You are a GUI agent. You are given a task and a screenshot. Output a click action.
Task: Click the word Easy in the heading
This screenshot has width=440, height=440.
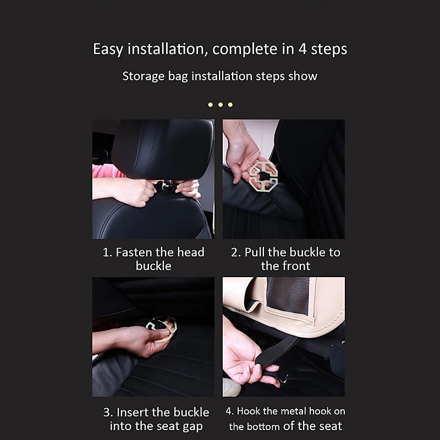tap(108, 49)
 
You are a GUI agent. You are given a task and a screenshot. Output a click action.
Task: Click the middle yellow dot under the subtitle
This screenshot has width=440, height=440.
tap(220, 105)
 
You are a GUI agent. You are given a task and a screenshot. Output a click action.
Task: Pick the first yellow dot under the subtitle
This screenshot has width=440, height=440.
tap(210, 105)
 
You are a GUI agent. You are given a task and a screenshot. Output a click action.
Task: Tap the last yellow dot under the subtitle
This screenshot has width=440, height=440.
tap(230, 105)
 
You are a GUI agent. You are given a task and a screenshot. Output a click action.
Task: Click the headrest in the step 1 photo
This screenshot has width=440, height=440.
tap(162, 146)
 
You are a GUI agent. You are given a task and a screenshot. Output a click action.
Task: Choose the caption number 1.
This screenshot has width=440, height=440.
tap(107, 252)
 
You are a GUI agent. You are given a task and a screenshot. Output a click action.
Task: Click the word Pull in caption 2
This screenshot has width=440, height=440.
tap(255, 252)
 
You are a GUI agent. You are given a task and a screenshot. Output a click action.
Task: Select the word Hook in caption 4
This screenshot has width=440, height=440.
tap(250, 411)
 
